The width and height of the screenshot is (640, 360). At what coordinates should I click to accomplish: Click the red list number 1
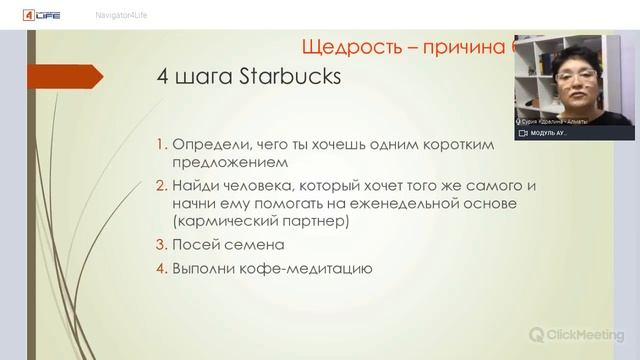tap(162, 145)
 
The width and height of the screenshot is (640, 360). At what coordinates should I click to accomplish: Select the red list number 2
tap(162, 186)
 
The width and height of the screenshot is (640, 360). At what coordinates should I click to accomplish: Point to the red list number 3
tap(162, 244)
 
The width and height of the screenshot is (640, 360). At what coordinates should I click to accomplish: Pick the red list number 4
tap(162, 268)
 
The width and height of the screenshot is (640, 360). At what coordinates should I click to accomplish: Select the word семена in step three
tap(255, 244)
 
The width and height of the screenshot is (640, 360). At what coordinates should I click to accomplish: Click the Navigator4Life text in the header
tap(121, 15)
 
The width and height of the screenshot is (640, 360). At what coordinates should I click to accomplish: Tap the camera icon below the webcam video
tap(522, 133)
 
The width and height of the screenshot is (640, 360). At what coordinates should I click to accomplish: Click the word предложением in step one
tap(229, 161)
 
